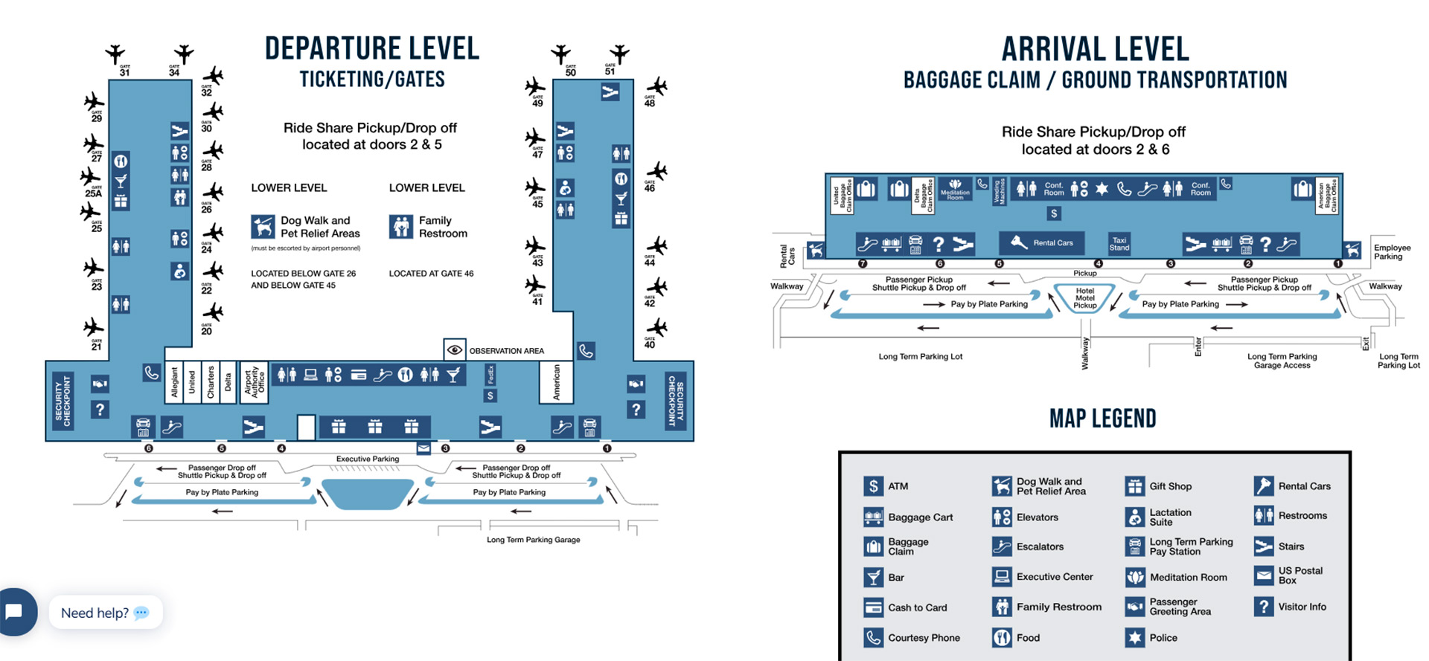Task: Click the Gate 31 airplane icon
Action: (115, 54)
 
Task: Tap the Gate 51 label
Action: (610, 71)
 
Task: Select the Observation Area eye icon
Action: (455, 349)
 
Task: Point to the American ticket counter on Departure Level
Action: (555, 382)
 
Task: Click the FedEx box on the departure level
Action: (490, 374)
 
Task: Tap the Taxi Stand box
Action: (1119, 244)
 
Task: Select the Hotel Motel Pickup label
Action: (1084, 298)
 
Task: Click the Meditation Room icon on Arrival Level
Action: (955, 188)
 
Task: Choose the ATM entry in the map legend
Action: (886, 486)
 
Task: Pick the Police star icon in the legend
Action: (1134, 637)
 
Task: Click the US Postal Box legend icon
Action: (1263, 575)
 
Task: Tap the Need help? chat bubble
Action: (105, 613)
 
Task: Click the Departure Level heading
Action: (372, 49)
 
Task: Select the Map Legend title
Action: (1102, 419)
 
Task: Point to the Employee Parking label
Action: (1392, 252)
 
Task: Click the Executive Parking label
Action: (367, 459)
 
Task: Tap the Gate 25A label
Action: (93, 193)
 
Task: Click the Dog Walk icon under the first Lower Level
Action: (263, 226)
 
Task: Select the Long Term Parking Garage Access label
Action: (1282, 361)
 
